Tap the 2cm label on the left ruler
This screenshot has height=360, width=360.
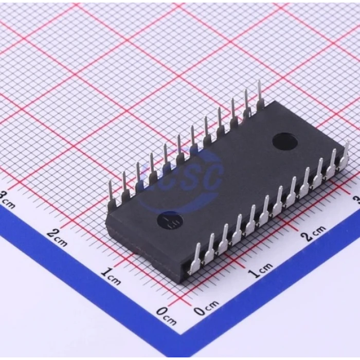point(57,236)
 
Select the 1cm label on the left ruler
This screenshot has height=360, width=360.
point(110,276)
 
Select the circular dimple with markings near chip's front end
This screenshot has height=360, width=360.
point(167,221)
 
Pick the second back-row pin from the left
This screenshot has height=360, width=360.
point(124,185)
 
